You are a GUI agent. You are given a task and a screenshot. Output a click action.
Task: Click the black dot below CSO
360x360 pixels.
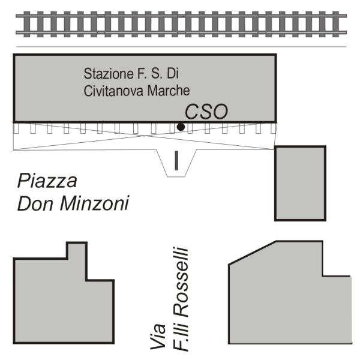pyautogui.click(x=181, y=127)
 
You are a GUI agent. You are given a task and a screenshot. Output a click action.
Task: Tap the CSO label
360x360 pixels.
pyautogui.click(x=206, y=112)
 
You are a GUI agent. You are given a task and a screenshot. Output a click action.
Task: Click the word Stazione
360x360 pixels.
pyautogui.click(x=109, y=74)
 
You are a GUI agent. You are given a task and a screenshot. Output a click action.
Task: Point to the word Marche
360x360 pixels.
pyautogui.click(x=169, y=91)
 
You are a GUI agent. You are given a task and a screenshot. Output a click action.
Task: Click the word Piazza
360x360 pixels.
pyautogui.click(x=47, y=181)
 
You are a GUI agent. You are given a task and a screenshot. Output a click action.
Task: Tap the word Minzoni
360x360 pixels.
pyautogui.click(x=94, y=203)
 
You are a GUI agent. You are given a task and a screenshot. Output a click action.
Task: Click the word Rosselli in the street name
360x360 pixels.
pyautogui.click(x=181, y=283)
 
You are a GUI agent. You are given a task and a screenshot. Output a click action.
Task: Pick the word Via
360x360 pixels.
pyautogui.click(x=158, y=337)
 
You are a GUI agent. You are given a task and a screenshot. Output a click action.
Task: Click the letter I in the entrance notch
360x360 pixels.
pyautogui.click(x=176, y=160)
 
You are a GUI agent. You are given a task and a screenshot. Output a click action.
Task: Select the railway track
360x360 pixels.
pyautogui.click(x=181, y=24)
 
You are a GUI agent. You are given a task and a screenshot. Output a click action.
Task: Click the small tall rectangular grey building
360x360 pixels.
pyautogui.click(x=301, y=183)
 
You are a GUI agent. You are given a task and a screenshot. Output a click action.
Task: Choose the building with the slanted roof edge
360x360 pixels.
pyautogui.click(x=290, y=292)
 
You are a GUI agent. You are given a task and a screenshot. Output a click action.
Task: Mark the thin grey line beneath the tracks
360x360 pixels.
pyautogui.click(x=181, y=47)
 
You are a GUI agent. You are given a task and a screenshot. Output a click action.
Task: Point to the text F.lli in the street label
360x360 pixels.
pyautogui.click(x=181, y=337)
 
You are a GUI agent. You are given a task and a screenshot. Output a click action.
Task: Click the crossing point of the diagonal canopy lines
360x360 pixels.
pyautogui.click(x=145, y=136)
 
